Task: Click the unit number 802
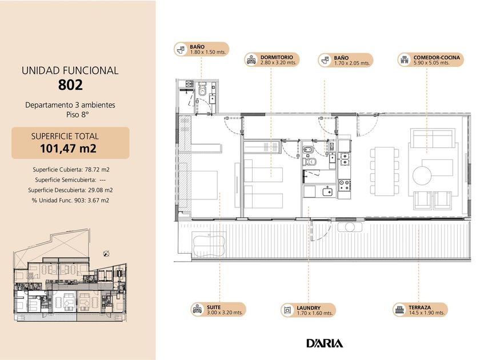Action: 70,85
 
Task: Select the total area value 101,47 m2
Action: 68,149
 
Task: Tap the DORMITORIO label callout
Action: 271,59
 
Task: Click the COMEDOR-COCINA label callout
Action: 431,59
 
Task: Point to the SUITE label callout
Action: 218,310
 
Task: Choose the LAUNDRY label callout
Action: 308,310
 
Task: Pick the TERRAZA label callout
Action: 420,310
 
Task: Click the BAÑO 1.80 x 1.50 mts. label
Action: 201,49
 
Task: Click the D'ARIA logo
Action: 325,343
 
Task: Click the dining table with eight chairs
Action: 385,171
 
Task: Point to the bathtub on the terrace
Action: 209,243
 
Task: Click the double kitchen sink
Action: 345,159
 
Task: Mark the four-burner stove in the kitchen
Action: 345,185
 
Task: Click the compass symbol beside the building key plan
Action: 106,254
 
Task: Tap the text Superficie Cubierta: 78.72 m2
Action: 71,170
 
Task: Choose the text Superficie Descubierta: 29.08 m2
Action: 70,190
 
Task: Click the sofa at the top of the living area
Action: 433,138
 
